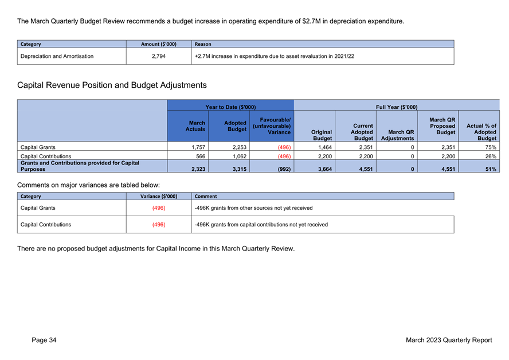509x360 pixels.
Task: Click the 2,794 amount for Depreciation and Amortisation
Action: coord(159,56)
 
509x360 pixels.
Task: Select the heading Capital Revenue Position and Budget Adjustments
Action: coord(112,85)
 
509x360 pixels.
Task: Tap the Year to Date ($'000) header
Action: coord(230,107)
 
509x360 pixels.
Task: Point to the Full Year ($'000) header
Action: coord(397,107)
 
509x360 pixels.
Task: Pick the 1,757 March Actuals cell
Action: coord(198,147)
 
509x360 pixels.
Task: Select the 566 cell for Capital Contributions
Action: coord(201,156)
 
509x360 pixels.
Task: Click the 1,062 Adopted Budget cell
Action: coord(240,156)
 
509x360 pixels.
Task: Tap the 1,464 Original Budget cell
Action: coord(325,147)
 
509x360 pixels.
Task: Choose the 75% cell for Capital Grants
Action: coord(491,147)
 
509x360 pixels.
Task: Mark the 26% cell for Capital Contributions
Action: coord(491,156)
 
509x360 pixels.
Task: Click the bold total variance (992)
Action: coord(284,169)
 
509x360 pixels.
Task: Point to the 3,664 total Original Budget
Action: coord(325,169)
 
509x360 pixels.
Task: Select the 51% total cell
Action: coord(491,169)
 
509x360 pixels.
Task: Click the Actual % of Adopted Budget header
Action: coord(481,132)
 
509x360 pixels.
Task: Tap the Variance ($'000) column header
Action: coord(159,196)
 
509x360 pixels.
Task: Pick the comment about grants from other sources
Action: coord(253,208)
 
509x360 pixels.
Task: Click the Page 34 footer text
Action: coord(44,340)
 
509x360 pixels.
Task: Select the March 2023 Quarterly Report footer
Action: coord(449,340)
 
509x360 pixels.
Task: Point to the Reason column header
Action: coord(203,44)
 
